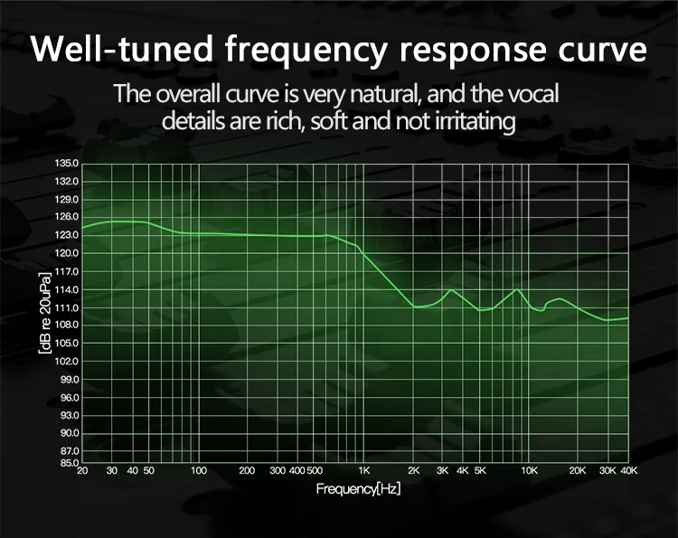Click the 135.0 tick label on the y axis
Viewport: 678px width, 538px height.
click(x=67, y=164)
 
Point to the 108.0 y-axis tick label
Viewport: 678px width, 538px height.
click(x=67, y=325)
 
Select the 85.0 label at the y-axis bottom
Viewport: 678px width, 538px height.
click(x=67, y=463)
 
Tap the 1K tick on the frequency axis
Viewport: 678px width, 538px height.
click(x=364, y=471)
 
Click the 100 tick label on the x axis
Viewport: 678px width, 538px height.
click(x=199, y=471)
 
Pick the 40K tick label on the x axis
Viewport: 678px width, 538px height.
click(x=629, y=471)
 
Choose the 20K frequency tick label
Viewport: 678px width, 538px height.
click(x=578, y=471)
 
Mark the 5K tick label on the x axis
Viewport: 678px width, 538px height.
click(x=480, y=471)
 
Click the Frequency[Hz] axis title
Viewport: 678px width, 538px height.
click(x=358, y=489)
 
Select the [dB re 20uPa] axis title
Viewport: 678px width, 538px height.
click(x=44, y=313)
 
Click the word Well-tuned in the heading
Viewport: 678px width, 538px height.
click(x=122, y=49)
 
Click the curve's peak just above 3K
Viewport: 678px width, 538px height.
click(x=450, y=289)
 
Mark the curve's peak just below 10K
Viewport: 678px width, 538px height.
click(x=517, y=289)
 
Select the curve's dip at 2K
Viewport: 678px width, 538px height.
click(x=414, y=307)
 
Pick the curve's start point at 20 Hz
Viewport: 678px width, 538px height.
click(x=82, y=228)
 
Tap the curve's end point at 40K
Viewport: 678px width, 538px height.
click(x=628, y=318)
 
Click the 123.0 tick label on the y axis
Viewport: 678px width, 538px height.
click(x=67, y=235)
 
